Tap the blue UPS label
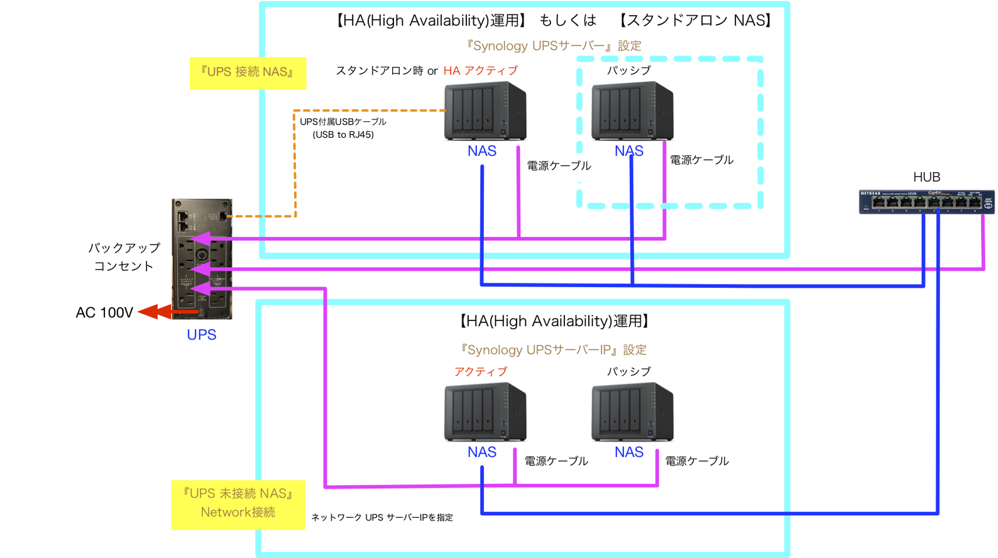(x=201, y=335)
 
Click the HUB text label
(x=926, y=177)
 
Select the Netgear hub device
(x=926, y=202)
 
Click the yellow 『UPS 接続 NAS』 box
(x=248, y=72)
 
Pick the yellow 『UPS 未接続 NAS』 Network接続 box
(x=238, y=504)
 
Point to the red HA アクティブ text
(x=481, y=70)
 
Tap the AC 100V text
(x=104, y=312)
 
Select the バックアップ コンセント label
(x=124, y=256)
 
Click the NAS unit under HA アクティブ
(x=485, y=111)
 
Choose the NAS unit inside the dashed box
(x=632, y=111)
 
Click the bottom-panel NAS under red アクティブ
(x=485, y=412)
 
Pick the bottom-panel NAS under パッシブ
(x=632, y=412)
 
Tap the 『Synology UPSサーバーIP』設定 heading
(x=553, y=350)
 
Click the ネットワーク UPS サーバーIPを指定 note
(x=382, y=518)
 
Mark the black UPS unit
(x=202, y=259)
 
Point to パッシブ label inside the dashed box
(x=628, y=70)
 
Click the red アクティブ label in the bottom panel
(x=481, y=371)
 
